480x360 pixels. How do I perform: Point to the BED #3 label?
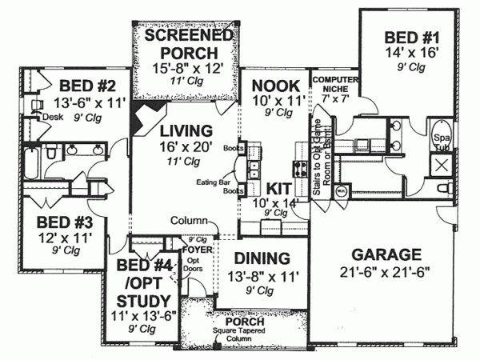58,221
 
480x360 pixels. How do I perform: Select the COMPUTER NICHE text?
334,86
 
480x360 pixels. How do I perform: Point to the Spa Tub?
442,139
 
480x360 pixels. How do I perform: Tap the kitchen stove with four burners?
302,169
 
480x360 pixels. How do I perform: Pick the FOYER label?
197,250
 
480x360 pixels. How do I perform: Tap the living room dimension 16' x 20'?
184,146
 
